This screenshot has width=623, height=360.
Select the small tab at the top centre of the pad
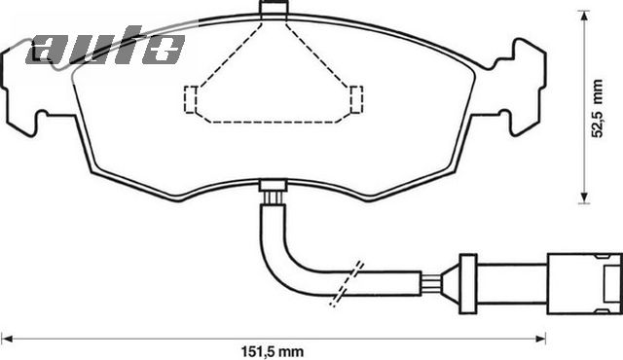[x=275, y=10]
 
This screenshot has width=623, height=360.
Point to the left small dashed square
[x=192, y=98]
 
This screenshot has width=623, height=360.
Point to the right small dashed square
[x=356, y=98]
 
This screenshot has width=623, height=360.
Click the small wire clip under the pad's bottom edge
[x=275, y=193]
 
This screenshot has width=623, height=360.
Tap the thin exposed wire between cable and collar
[x=437, y=283]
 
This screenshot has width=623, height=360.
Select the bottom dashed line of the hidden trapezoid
[x=274, y=122]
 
